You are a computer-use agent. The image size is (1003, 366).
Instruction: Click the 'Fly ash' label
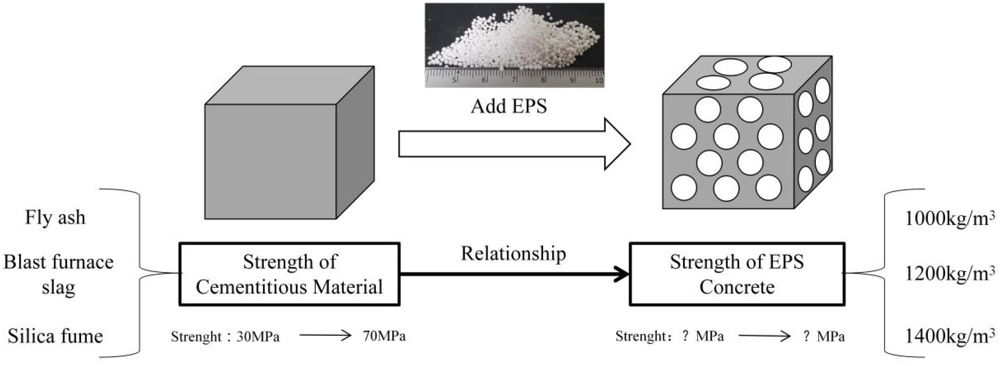[x=55, y=217]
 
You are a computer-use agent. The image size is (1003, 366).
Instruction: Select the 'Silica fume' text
[x=55, y=336]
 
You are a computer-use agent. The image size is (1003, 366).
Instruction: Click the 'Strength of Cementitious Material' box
[x=289, y=274]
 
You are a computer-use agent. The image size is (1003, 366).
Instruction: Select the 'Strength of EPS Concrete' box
[x=737, y=274]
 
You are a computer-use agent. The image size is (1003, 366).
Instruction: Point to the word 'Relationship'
[x=513, y=253]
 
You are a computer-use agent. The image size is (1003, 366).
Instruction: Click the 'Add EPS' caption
[x=509, y=106]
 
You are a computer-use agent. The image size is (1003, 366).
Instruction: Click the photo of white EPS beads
[x=514, y=45]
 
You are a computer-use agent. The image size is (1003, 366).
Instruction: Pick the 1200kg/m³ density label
[x=949, y=274]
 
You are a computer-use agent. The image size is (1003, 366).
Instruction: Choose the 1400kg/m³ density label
[x=949, y=336]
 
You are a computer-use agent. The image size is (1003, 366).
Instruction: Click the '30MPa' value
[x=258, y=336]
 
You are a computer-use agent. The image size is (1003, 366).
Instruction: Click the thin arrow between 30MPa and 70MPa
[x=325, y=335]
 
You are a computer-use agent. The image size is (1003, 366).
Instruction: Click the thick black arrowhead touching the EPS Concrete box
[x=621, y=274]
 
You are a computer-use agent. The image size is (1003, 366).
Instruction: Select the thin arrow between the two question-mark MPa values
[x=764, y=336]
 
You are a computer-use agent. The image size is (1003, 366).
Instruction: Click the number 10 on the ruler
[x=599, y=81]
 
